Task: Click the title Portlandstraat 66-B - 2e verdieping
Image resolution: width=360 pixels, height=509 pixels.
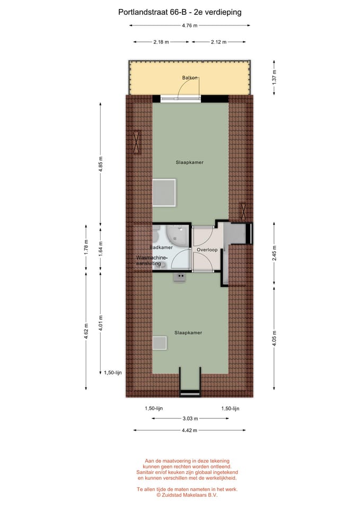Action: point(180,12)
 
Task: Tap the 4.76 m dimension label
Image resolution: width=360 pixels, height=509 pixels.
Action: point(190,25)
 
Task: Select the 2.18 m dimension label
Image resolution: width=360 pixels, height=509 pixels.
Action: point(161,42)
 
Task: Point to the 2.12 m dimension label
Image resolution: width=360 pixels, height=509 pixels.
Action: point(218,42)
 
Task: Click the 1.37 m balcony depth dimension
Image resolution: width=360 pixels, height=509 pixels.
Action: point(274,77)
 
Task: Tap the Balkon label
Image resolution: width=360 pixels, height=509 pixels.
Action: point(190,78)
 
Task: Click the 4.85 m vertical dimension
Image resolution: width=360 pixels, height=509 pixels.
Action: point(101,164)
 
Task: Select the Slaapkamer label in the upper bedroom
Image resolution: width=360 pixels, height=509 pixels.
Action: point(190,162)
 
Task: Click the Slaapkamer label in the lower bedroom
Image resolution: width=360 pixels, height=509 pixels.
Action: point(188,333)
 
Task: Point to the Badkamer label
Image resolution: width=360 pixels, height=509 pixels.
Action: point(161,248)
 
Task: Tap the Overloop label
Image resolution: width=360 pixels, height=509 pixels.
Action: point(207,250)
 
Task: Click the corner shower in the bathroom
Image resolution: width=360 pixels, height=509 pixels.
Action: point(178,235)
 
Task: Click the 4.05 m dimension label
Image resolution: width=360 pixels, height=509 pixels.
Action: point(274,338)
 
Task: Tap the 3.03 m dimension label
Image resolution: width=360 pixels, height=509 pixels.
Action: point(190,418)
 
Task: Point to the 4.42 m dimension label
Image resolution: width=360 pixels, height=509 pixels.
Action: point(189,431)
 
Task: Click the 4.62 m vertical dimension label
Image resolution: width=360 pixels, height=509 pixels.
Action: point(86,331)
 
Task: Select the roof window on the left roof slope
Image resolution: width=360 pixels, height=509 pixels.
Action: point(137,142)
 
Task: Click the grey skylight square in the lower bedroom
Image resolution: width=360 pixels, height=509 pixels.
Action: point(160,343)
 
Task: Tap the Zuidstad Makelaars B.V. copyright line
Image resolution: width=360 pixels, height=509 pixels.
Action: point(187,495)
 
